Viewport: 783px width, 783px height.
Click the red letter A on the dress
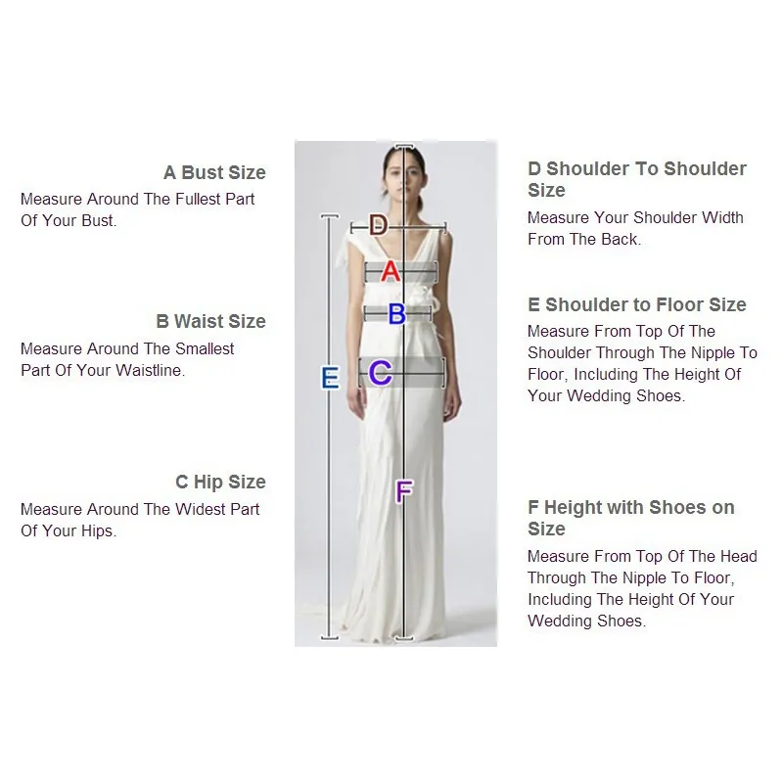click(x=391, y=272)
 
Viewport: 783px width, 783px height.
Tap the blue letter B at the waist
click(x=397, y=314)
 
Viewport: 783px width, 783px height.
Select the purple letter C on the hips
click(x=380, y=373)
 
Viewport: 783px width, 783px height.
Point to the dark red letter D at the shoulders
click(x=378, y=225)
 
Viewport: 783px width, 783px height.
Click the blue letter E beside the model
click(x=330, y=378)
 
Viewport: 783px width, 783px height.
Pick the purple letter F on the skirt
click(x=404, y=491)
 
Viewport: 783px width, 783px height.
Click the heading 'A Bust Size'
click(x=214, y=172)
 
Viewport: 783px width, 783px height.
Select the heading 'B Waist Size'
click(x=210, y=321)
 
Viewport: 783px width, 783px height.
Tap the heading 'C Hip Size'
click(x=220, y=482)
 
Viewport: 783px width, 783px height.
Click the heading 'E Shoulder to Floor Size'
click(x=637, y=304)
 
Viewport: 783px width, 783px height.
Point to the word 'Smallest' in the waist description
click(x=205, y=348)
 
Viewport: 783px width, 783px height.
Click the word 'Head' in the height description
click(x=739, y=556)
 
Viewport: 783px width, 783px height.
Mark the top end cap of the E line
click(x=330, y=216)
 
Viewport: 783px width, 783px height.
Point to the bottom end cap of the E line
click(x=330, y=638)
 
